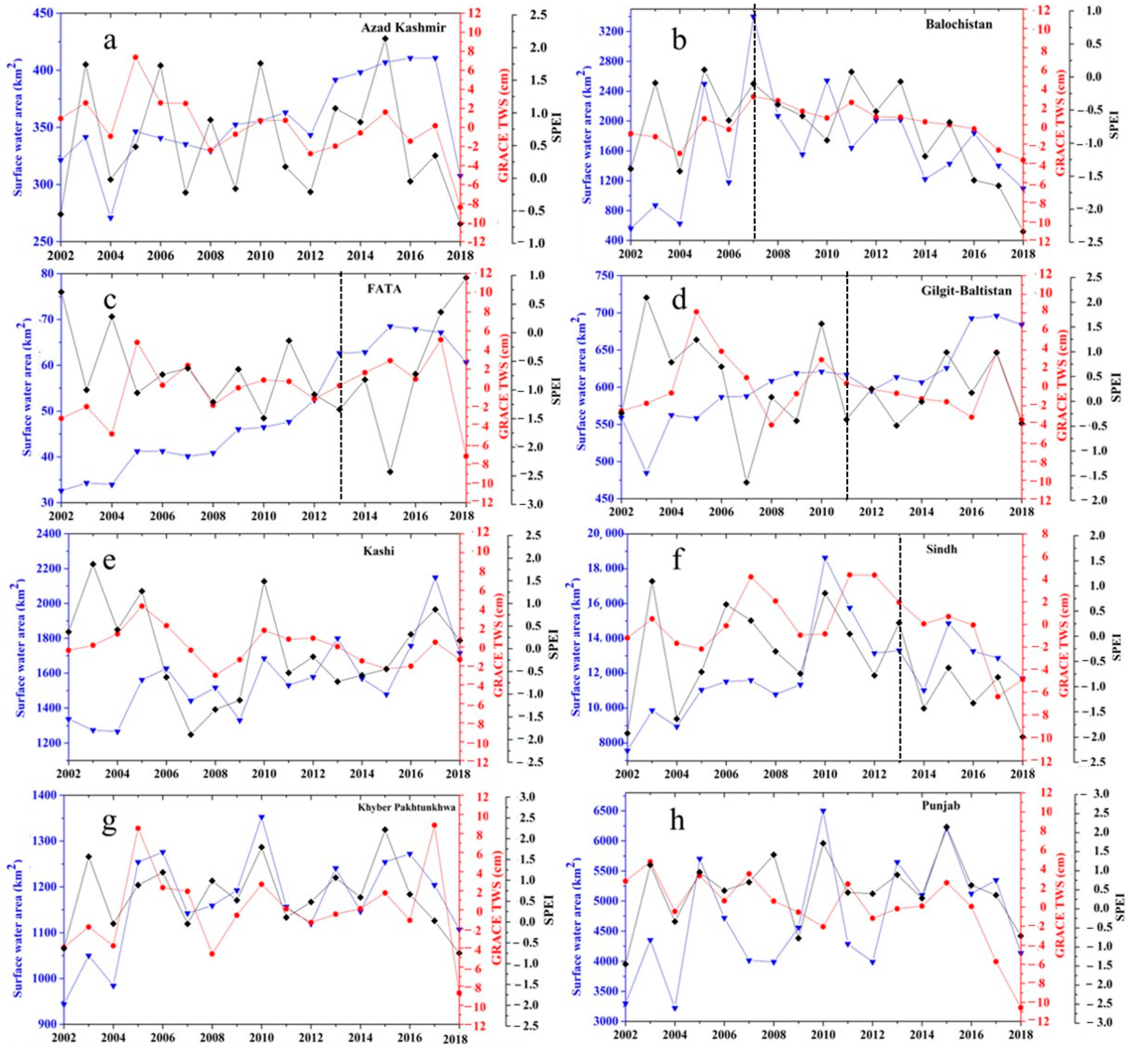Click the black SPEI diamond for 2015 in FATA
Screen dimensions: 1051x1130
click(390, 472)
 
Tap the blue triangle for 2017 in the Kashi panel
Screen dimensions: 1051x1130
click(435, 578)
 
